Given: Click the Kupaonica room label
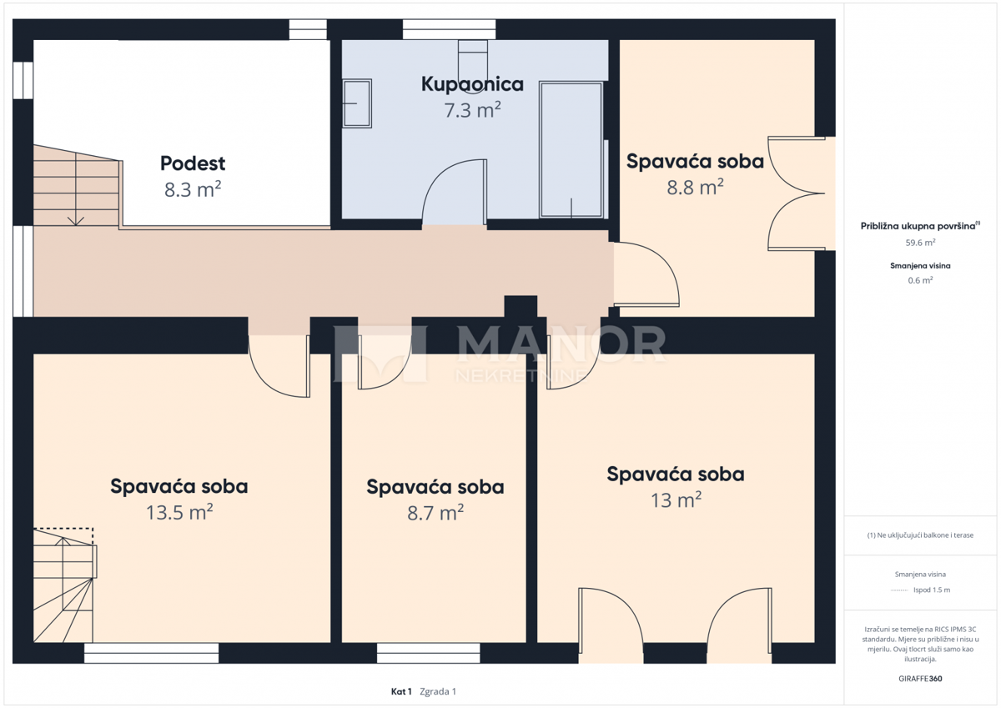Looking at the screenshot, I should (472, 84).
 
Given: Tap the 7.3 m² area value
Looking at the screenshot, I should (472, 109).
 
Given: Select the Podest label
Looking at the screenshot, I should (193, 163).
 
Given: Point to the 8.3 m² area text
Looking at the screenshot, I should (193, 189).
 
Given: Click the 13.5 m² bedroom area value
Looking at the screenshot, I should (179, 511).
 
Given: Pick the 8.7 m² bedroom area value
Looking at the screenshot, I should (435, 513).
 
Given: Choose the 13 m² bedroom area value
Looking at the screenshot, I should (676, 500).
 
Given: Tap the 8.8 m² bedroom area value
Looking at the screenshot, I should (695, 188).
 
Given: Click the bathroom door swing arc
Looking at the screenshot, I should (450, 192).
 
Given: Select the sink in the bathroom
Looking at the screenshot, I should (357, 103).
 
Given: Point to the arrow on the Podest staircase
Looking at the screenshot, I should (76, 218).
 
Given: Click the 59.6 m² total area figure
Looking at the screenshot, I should (920, 243).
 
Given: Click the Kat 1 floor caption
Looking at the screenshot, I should (401, 691).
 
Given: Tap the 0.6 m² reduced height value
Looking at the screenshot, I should (920, 280).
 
